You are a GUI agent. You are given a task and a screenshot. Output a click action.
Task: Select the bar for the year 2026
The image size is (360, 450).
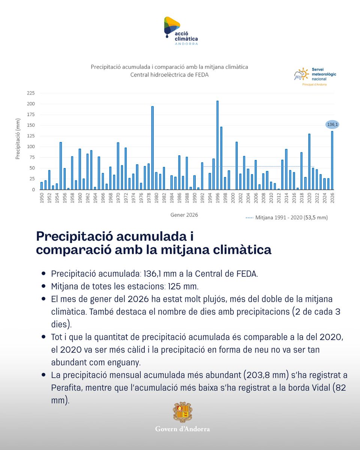pos(332,160)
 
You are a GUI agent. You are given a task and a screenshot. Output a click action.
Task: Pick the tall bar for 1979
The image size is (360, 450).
pos(152,148)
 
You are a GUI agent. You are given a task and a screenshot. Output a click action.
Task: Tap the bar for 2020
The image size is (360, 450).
pos(309,161)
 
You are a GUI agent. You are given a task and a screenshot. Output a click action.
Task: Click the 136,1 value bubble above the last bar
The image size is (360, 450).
pos(332,124)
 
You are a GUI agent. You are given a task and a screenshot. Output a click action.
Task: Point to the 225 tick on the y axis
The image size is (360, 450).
pos(31,93)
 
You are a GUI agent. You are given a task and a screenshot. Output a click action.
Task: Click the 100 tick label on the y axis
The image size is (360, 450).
pos(31,147)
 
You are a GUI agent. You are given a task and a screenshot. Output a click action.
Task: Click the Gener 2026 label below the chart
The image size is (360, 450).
pos(184,215)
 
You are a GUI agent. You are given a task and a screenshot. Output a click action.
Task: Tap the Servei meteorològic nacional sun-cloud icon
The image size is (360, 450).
pos(301,74)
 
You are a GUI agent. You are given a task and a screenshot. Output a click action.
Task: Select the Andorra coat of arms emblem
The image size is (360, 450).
pos(182,412)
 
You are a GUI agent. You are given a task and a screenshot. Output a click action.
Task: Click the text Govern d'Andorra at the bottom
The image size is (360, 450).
pos(182,429)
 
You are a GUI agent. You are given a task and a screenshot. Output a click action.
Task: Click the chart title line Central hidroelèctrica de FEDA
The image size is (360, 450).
pos(169,75)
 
